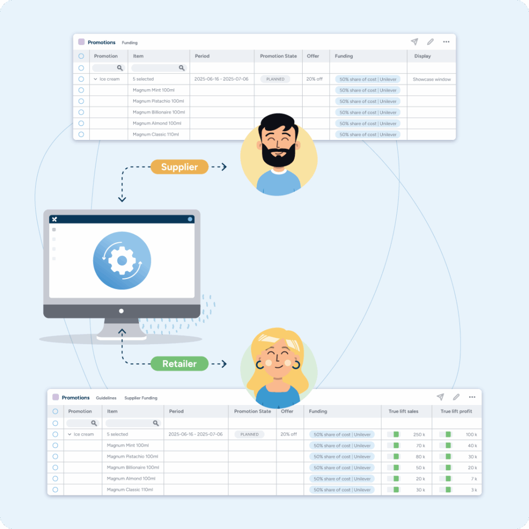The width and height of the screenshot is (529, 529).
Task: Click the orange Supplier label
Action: (179, 167)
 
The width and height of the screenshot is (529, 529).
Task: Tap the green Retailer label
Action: (179, 364)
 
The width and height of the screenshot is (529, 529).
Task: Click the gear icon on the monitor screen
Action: (122, 260)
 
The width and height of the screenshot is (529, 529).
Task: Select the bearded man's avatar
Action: (279, 155)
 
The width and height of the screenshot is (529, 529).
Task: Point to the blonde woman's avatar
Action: (278, 370)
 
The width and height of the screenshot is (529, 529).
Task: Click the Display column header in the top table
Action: (422, 56)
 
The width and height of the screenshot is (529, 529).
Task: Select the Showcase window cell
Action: (431, 80)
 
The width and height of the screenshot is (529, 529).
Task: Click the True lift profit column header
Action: (456, 411)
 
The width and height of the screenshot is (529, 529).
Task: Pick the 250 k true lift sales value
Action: (419, 434)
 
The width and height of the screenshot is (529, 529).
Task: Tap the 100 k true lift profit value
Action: (471, 434)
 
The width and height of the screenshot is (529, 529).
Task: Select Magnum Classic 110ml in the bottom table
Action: (130, 490)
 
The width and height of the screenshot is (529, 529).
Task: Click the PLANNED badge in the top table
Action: (275, 80)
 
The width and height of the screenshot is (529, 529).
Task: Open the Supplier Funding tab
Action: (141, 398)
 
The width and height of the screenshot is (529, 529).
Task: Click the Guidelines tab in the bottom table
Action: (105, 398)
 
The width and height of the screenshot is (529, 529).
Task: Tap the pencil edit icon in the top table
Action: (430, 42)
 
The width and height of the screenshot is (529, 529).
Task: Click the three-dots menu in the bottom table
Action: (472, 397)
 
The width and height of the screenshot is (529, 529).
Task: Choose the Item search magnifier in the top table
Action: (182, 68)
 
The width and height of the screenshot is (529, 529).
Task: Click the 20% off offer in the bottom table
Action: (289, 434)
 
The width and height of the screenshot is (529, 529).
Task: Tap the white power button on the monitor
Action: (121, 311)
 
